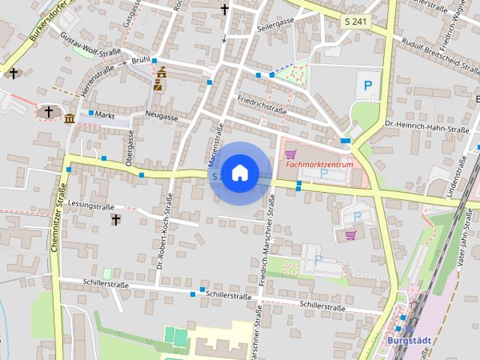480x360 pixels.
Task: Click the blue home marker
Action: tap(239, 172)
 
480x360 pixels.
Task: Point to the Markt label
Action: tap(105, 115)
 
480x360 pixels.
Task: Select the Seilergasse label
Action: tap(275, 22)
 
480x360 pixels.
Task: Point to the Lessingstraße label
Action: tap(90, 205)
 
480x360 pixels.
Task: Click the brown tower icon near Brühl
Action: tap(160, 79)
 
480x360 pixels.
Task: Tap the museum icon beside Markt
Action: tap(69, 118)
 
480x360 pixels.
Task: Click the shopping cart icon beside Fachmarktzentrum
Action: tap(289, 154)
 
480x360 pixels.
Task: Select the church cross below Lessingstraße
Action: tap(115, 220)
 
